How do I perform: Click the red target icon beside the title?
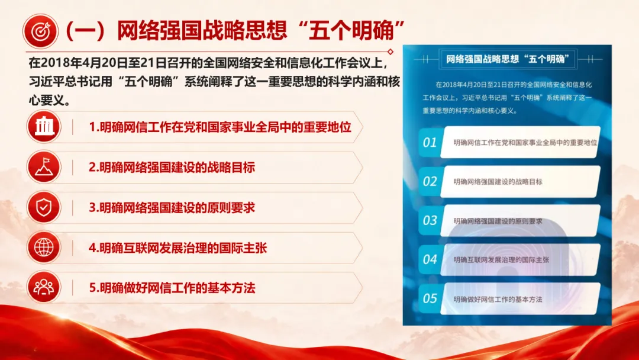[40, 31]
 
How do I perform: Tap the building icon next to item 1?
[44, 127]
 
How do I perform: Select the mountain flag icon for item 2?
[44, 167]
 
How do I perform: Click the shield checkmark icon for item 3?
[44, 207]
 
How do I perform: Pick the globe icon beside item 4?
[44, 247]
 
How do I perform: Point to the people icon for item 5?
[44, 287]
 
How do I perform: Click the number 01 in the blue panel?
[430, 142]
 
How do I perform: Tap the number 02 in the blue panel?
[430, 181]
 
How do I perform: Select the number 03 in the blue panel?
[430, 221]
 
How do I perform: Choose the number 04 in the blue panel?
[430, 259]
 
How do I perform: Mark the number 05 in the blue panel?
[430, 298]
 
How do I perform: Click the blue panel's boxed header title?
[508, 60]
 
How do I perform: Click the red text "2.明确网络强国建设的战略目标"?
[172, 168]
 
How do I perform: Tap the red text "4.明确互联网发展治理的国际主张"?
[177, 248]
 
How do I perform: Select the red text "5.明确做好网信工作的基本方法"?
[172, 288]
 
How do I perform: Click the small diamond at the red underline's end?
[390, 52]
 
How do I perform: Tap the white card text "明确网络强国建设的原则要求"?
[498, 221]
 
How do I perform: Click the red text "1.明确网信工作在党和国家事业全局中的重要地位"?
[220, 127]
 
